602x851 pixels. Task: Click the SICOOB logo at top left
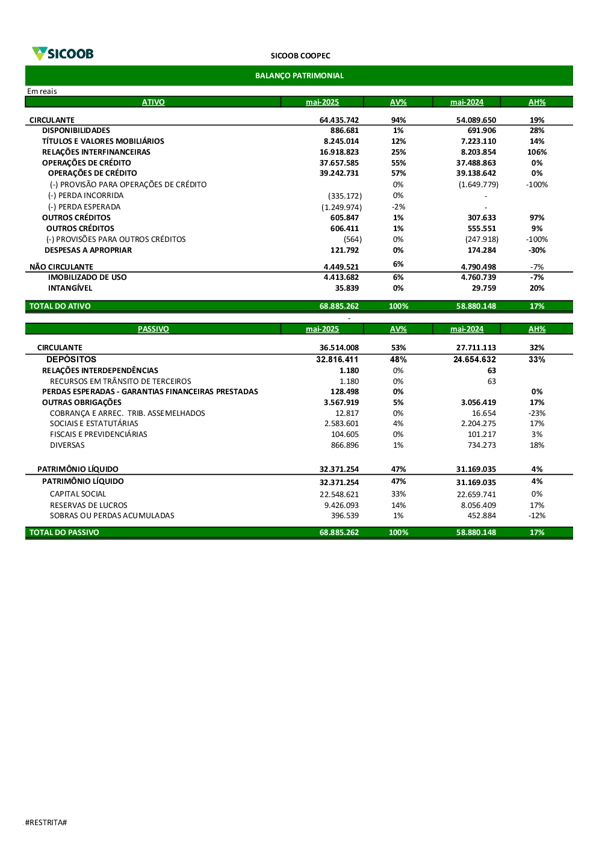pos(63,54)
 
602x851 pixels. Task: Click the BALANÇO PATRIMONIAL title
pos(299,76)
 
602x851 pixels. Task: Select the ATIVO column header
pos(153,102)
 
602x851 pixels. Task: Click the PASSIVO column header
pos(153,329)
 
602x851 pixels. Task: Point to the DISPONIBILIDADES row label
pos(76,131)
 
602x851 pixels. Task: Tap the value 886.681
pos(344,131)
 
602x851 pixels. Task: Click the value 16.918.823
pos(339,152)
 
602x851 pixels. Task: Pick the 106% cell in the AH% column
pos(537,152)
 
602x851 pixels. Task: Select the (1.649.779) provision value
pos(479,185)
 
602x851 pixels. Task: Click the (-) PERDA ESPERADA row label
pos(84,207)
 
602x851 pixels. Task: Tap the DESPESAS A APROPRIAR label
pos(88,250)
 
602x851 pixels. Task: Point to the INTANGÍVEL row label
pos(70,288)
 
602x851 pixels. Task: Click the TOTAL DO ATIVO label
pos(60,306)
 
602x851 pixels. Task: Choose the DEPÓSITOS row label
pos(71,359)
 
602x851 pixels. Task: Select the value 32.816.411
pos(337,359)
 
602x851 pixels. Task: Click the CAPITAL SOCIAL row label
pos(78,494)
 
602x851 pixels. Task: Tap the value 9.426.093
pos(341,506)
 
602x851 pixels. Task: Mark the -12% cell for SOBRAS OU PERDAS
pos(537,516)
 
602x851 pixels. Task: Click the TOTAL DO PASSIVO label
pos(64,533)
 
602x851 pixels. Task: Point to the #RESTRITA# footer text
pos(46,823)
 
